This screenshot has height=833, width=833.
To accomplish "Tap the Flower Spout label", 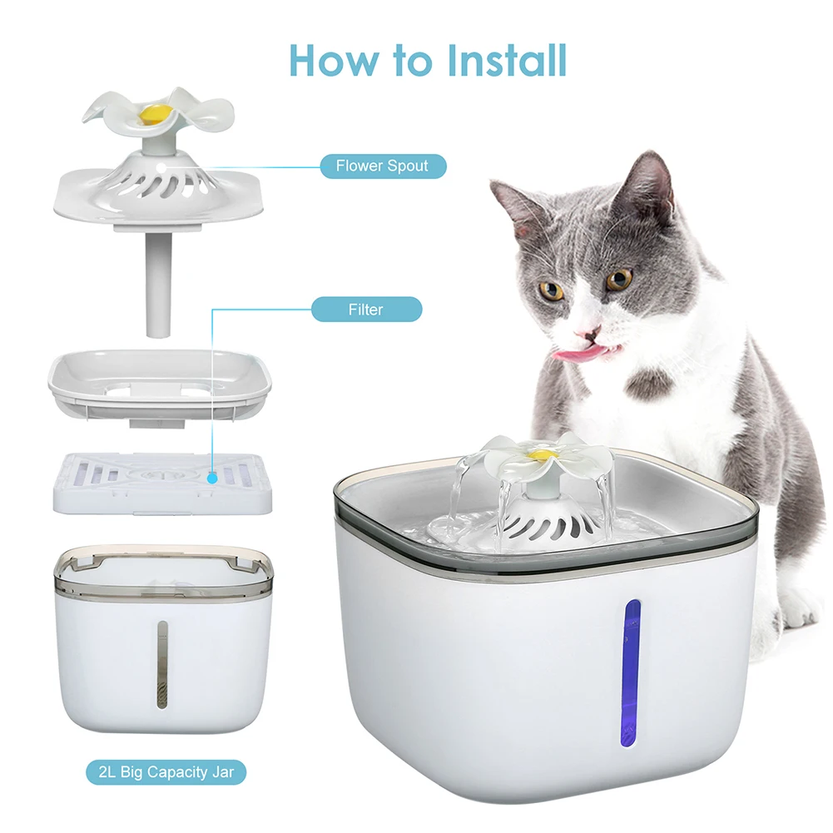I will click(383, 166).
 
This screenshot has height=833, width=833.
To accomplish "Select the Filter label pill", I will click(366, 310).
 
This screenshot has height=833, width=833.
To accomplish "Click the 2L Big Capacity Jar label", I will click(166, 771).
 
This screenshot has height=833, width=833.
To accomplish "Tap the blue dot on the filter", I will click(214, 478).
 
